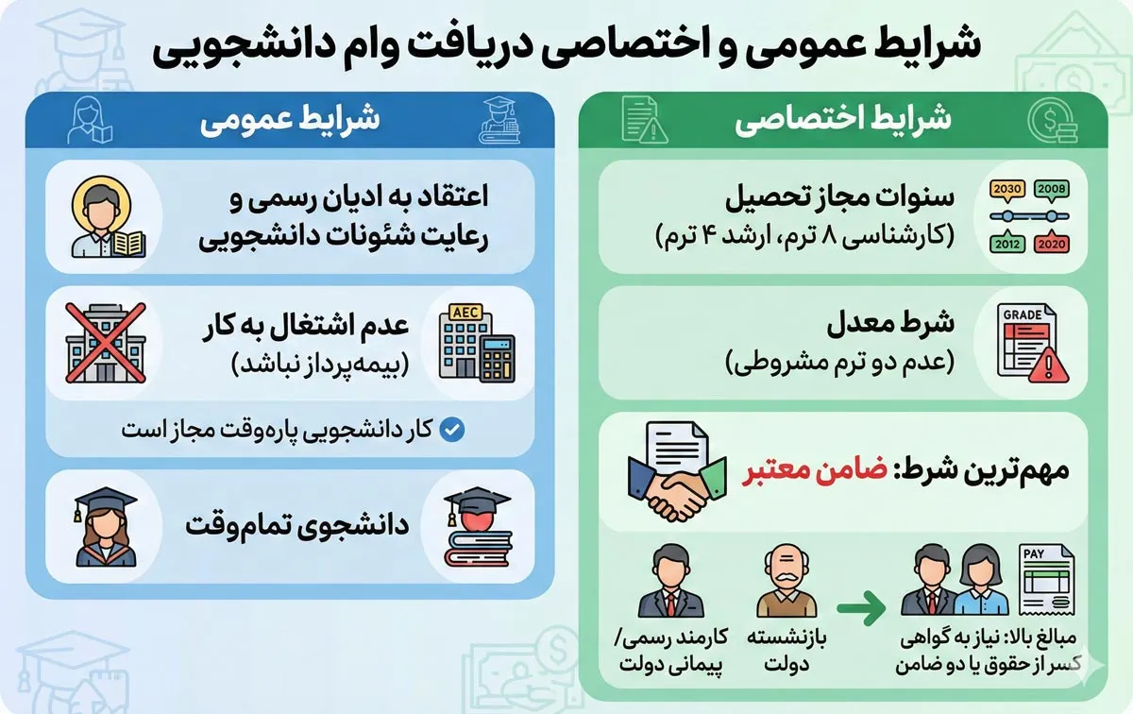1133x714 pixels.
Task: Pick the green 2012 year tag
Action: tap(1007, 244)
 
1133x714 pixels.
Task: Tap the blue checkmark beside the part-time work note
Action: tap(453, 431)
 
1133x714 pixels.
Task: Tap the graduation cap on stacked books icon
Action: tap(477, 529)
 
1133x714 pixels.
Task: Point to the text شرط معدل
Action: tap(892, 323)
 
